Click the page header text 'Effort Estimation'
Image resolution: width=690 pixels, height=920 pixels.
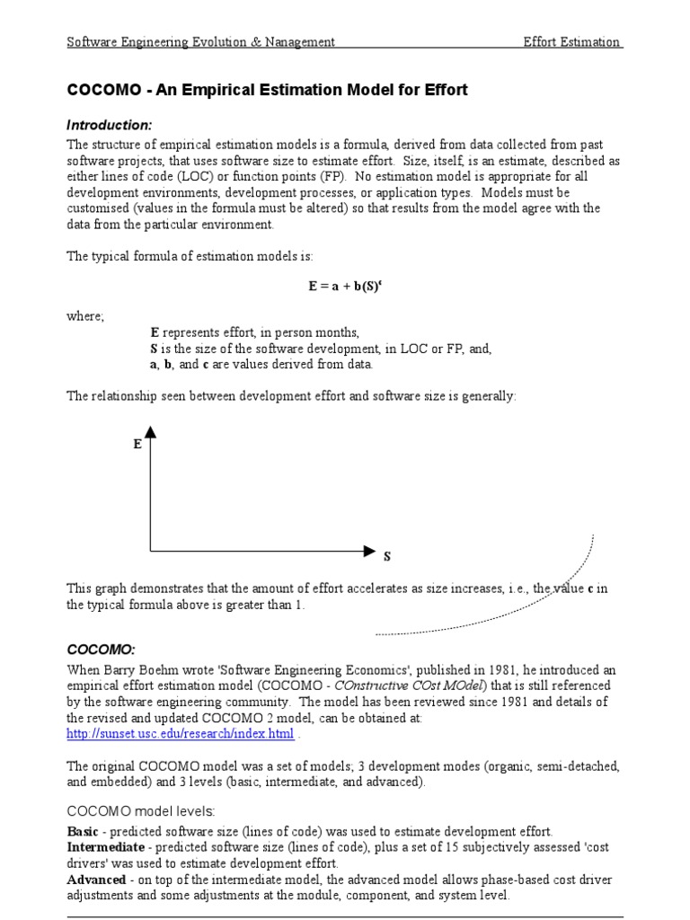point(572,42)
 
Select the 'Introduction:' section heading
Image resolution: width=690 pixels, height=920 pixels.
point(110,125)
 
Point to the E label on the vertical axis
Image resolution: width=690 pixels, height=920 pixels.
point(137,444)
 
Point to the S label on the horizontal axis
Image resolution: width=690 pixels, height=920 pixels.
point(387,557)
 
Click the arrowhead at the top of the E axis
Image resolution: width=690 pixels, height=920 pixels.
point(150,432)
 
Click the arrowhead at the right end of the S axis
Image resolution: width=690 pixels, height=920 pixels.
point(369,549)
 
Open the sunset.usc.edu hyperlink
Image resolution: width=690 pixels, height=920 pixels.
point(181,734)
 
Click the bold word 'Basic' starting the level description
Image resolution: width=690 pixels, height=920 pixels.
point(84,831)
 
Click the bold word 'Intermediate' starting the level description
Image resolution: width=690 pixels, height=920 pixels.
point(105,846)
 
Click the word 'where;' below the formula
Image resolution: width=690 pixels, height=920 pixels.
point(85,316)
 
